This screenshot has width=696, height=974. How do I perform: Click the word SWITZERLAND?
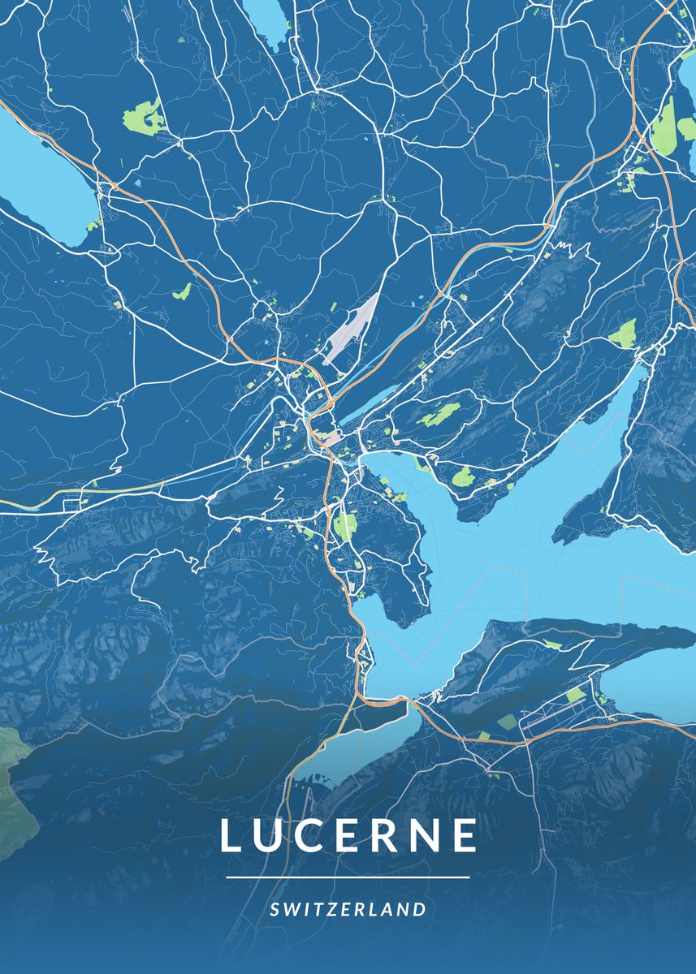point(348,909)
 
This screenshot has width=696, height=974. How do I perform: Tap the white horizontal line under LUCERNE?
point(348,877)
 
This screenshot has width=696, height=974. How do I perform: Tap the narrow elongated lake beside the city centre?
point(374,401)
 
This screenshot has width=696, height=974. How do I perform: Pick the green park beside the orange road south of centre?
point(344,526)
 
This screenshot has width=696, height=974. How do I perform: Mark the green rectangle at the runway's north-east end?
point(575,695)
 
